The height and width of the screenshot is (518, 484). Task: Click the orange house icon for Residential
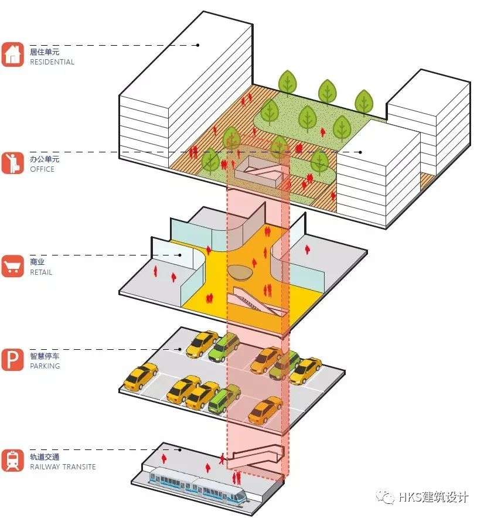tap(12, 54)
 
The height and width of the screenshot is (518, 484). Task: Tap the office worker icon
tap(12, 162)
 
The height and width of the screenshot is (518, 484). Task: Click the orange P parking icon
tap(12, 359)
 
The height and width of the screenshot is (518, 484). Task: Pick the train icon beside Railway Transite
tap(12, 460)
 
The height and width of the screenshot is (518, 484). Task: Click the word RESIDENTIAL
tap(52, 62)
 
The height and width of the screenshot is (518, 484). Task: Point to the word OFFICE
tap(42, 169)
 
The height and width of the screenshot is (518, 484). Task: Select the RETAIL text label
tap(41, 272)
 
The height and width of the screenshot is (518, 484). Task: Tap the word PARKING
tap(45, 366)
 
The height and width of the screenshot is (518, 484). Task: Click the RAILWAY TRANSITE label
tap(63, 467)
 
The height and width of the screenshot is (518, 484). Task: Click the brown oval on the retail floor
tap(239, 272)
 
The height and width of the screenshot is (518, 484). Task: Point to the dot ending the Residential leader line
tap(198, 45)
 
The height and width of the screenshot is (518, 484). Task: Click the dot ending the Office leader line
tap(360, 152)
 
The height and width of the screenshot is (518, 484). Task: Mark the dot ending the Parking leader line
tap(180, 349)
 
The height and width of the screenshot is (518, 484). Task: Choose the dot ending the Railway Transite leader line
tap(180, 450)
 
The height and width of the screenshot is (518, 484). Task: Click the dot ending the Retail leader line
tap(180, 255)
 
